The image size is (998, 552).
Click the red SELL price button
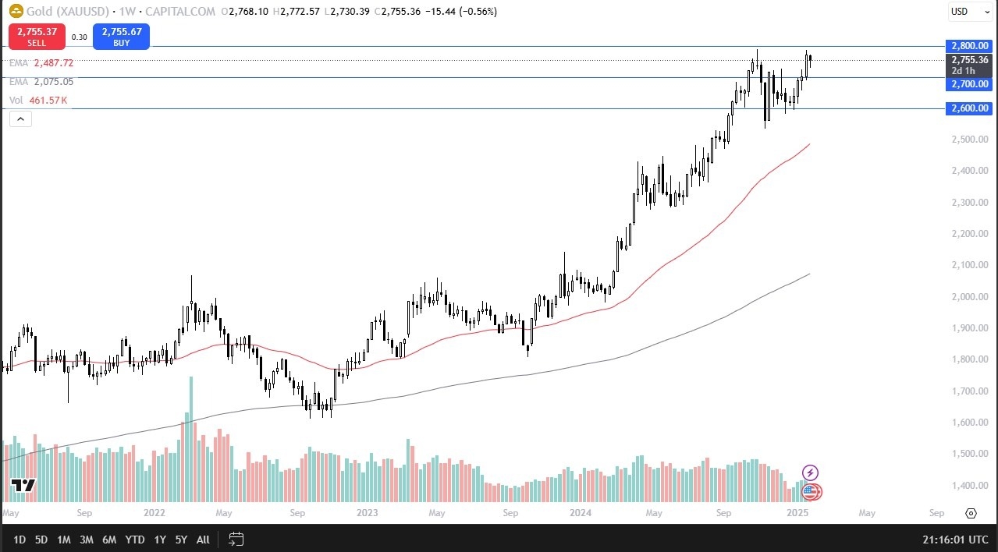36,37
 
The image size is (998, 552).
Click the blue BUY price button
121,37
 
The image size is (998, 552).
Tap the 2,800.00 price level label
968,46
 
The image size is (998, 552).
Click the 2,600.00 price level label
968,108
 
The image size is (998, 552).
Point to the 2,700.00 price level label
968,83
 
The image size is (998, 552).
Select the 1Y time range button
160,540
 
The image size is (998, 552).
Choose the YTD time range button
135,540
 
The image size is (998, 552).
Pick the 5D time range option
41,540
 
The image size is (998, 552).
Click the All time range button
203,540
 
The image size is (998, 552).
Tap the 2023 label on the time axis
367,513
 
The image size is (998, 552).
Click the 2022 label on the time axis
154,513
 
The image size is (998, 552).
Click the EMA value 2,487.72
53,62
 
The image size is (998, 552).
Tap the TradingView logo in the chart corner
23,486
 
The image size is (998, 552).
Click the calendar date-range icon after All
236,539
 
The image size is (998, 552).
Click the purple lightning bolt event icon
810,472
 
